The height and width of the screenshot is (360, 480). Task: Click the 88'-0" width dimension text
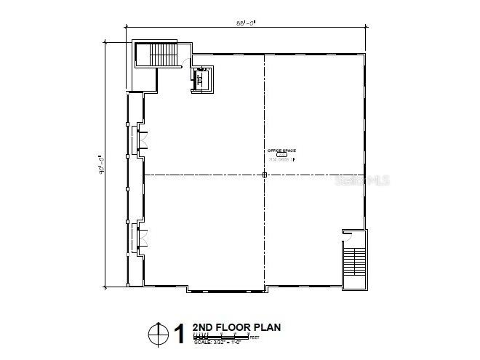245,20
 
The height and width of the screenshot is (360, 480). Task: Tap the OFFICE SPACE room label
281,151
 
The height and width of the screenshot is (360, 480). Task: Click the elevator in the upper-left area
201,79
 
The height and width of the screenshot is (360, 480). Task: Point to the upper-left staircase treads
163,54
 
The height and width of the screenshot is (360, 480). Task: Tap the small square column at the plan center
265,175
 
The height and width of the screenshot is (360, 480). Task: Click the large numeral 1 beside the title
178,335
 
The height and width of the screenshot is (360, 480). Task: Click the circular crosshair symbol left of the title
156,335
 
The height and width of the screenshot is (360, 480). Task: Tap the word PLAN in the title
266,327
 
